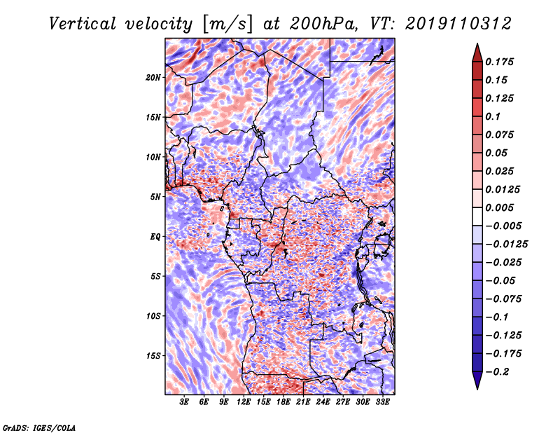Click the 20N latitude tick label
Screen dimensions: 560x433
point(153,78)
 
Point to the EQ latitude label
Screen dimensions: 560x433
point(155,237)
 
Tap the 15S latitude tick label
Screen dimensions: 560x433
point(153,356)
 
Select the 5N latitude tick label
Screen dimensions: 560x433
point(155,197)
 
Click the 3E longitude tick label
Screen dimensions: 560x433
point(184,401)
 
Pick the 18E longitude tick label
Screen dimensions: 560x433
point(283,401)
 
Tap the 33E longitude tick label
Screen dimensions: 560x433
point(382,401)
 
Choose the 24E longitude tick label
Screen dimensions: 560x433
point(323,401)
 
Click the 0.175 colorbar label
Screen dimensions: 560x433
point(499,62)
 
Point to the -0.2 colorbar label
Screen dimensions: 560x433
point(497,372)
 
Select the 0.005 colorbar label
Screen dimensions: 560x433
point(499,207)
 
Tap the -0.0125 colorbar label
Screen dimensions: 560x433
point(506,245)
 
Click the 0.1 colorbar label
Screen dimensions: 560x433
point(493,116)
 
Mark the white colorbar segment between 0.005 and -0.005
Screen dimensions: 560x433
point(477,216)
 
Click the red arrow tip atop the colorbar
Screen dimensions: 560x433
point(477,44)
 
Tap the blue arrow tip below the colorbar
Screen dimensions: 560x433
point(477,389)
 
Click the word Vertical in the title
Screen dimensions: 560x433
point(82,24)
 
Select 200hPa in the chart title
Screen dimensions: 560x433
point(322,24)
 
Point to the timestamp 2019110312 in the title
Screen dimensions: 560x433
point(458,24)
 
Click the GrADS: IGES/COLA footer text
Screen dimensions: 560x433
point(39,427)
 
